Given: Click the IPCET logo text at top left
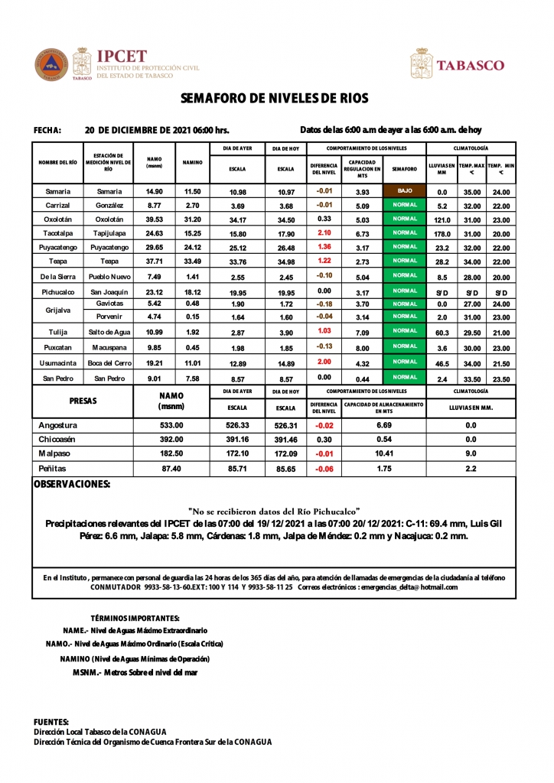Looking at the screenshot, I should coord(121,56).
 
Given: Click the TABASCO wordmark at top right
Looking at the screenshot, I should coord(470,66).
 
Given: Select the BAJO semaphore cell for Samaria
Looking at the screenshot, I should coord(404,190).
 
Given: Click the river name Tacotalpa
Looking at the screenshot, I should coord(59,233).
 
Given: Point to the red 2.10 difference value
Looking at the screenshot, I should coord(324,233).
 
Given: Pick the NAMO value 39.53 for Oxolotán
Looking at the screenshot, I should coord(154,219).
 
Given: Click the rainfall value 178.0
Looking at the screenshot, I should coord(442,234).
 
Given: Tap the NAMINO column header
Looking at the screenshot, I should coord(192,162).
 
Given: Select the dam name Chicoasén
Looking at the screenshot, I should coord(59,440).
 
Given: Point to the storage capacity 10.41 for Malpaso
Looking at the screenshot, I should coord(384,453).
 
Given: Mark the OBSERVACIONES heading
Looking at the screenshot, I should coord(72,484).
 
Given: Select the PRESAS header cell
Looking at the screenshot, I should coord(83,401).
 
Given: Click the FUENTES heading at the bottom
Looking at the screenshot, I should coord(51,722).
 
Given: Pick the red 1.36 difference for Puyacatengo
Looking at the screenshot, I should coord(324,248).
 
